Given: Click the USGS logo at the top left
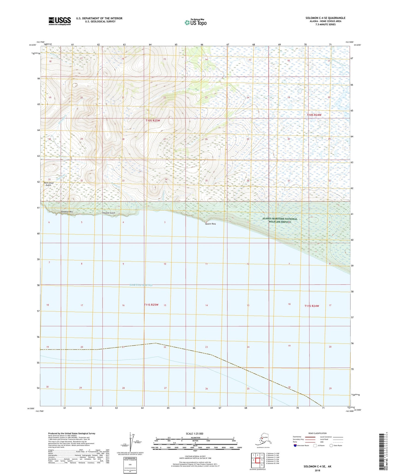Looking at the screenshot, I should click(x=60, y=21).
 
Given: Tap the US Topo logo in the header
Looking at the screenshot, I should click(x=196, y=22).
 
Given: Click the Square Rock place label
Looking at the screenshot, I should click(x=210, y=224).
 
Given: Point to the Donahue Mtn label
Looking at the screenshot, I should click(x=67, y=212).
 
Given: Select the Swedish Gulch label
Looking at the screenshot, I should click(x=109, y=213).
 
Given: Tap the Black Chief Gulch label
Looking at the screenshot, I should click(x=48, y=184).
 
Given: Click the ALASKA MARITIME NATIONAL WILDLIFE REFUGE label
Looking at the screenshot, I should click(x=280, y=220).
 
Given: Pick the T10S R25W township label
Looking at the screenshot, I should click(x=153, y=120).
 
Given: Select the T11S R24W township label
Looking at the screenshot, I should click(x=312, y=306).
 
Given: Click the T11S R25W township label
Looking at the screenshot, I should click(x=151, y=305).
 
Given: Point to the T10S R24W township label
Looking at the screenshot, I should click(x=314, y=115).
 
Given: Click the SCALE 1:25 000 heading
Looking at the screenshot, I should click(x=194, y=433).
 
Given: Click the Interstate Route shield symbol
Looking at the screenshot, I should click(x=295, y=445).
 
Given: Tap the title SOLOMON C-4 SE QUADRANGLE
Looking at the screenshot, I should click(x=325, y=18).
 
